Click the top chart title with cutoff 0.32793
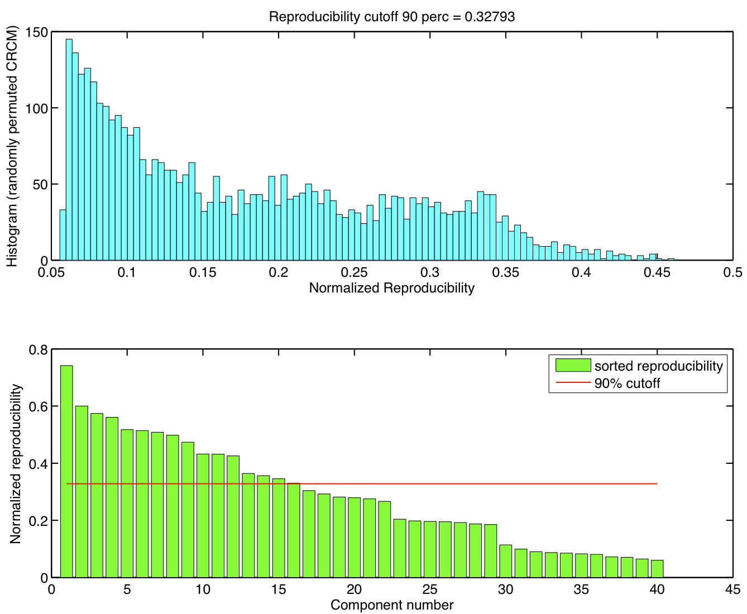(391, 17)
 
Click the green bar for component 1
(66, 472)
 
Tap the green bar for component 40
(657, 569)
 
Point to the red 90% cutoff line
(447, 483)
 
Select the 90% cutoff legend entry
(627, 383)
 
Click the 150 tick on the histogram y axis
(37, 32)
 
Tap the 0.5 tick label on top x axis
(732, 272)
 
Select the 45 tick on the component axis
(732, 590)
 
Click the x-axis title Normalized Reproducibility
(391, 288)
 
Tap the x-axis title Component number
(391, 605)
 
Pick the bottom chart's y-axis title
(15, 463)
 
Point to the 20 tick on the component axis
(354, 590)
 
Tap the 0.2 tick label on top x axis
(279, 272)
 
